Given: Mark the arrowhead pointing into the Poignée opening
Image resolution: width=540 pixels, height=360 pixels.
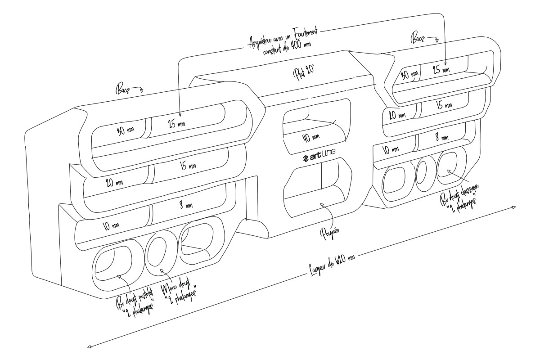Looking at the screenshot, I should pyautogui.click(x=321, y=206).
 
